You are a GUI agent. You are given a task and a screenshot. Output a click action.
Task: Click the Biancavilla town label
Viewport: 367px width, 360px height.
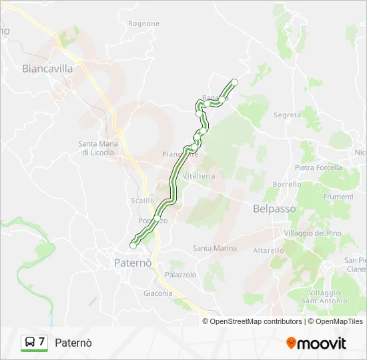tap(47, 68)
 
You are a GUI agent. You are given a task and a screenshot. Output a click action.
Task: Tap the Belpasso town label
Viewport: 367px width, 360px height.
tap(274, 209)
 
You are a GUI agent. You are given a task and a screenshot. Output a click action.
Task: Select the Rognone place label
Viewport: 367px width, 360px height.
tap(143, 24)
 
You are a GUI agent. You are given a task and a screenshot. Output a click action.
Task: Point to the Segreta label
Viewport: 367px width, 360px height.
tap(288, 115)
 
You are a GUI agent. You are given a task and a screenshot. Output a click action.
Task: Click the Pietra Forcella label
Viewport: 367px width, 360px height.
tap(318, 167)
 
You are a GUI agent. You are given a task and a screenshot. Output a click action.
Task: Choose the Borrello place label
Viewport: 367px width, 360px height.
tap(287, 184)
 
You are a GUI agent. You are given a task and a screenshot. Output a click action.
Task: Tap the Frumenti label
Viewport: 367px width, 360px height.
tap(338, 197)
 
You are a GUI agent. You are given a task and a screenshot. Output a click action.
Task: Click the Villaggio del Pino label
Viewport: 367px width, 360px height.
tap(312, 233)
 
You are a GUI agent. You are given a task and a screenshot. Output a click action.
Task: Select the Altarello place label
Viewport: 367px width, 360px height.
tap(269, 250)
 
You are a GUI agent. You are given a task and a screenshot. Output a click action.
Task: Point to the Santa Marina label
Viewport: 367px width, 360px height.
tap(215, 248)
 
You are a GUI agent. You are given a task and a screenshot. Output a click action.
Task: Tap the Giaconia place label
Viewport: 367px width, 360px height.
tap(157, 293)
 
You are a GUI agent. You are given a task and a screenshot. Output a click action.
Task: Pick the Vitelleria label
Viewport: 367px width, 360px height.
tap(199, 176)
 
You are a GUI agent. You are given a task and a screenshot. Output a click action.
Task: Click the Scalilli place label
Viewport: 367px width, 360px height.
tap(143, 200)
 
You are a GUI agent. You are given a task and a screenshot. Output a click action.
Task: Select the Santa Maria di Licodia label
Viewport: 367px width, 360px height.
tap(98, 148)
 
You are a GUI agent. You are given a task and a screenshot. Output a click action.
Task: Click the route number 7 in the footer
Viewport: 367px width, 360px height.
tap(41, 342)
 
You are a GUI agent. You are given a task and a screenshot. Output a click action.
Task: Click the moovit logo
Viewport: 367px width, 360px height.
tap(316, 343)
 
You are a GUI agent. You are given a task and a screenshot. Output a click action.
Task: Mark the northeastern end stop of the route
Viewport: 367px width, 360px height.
tap(234, 82)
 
